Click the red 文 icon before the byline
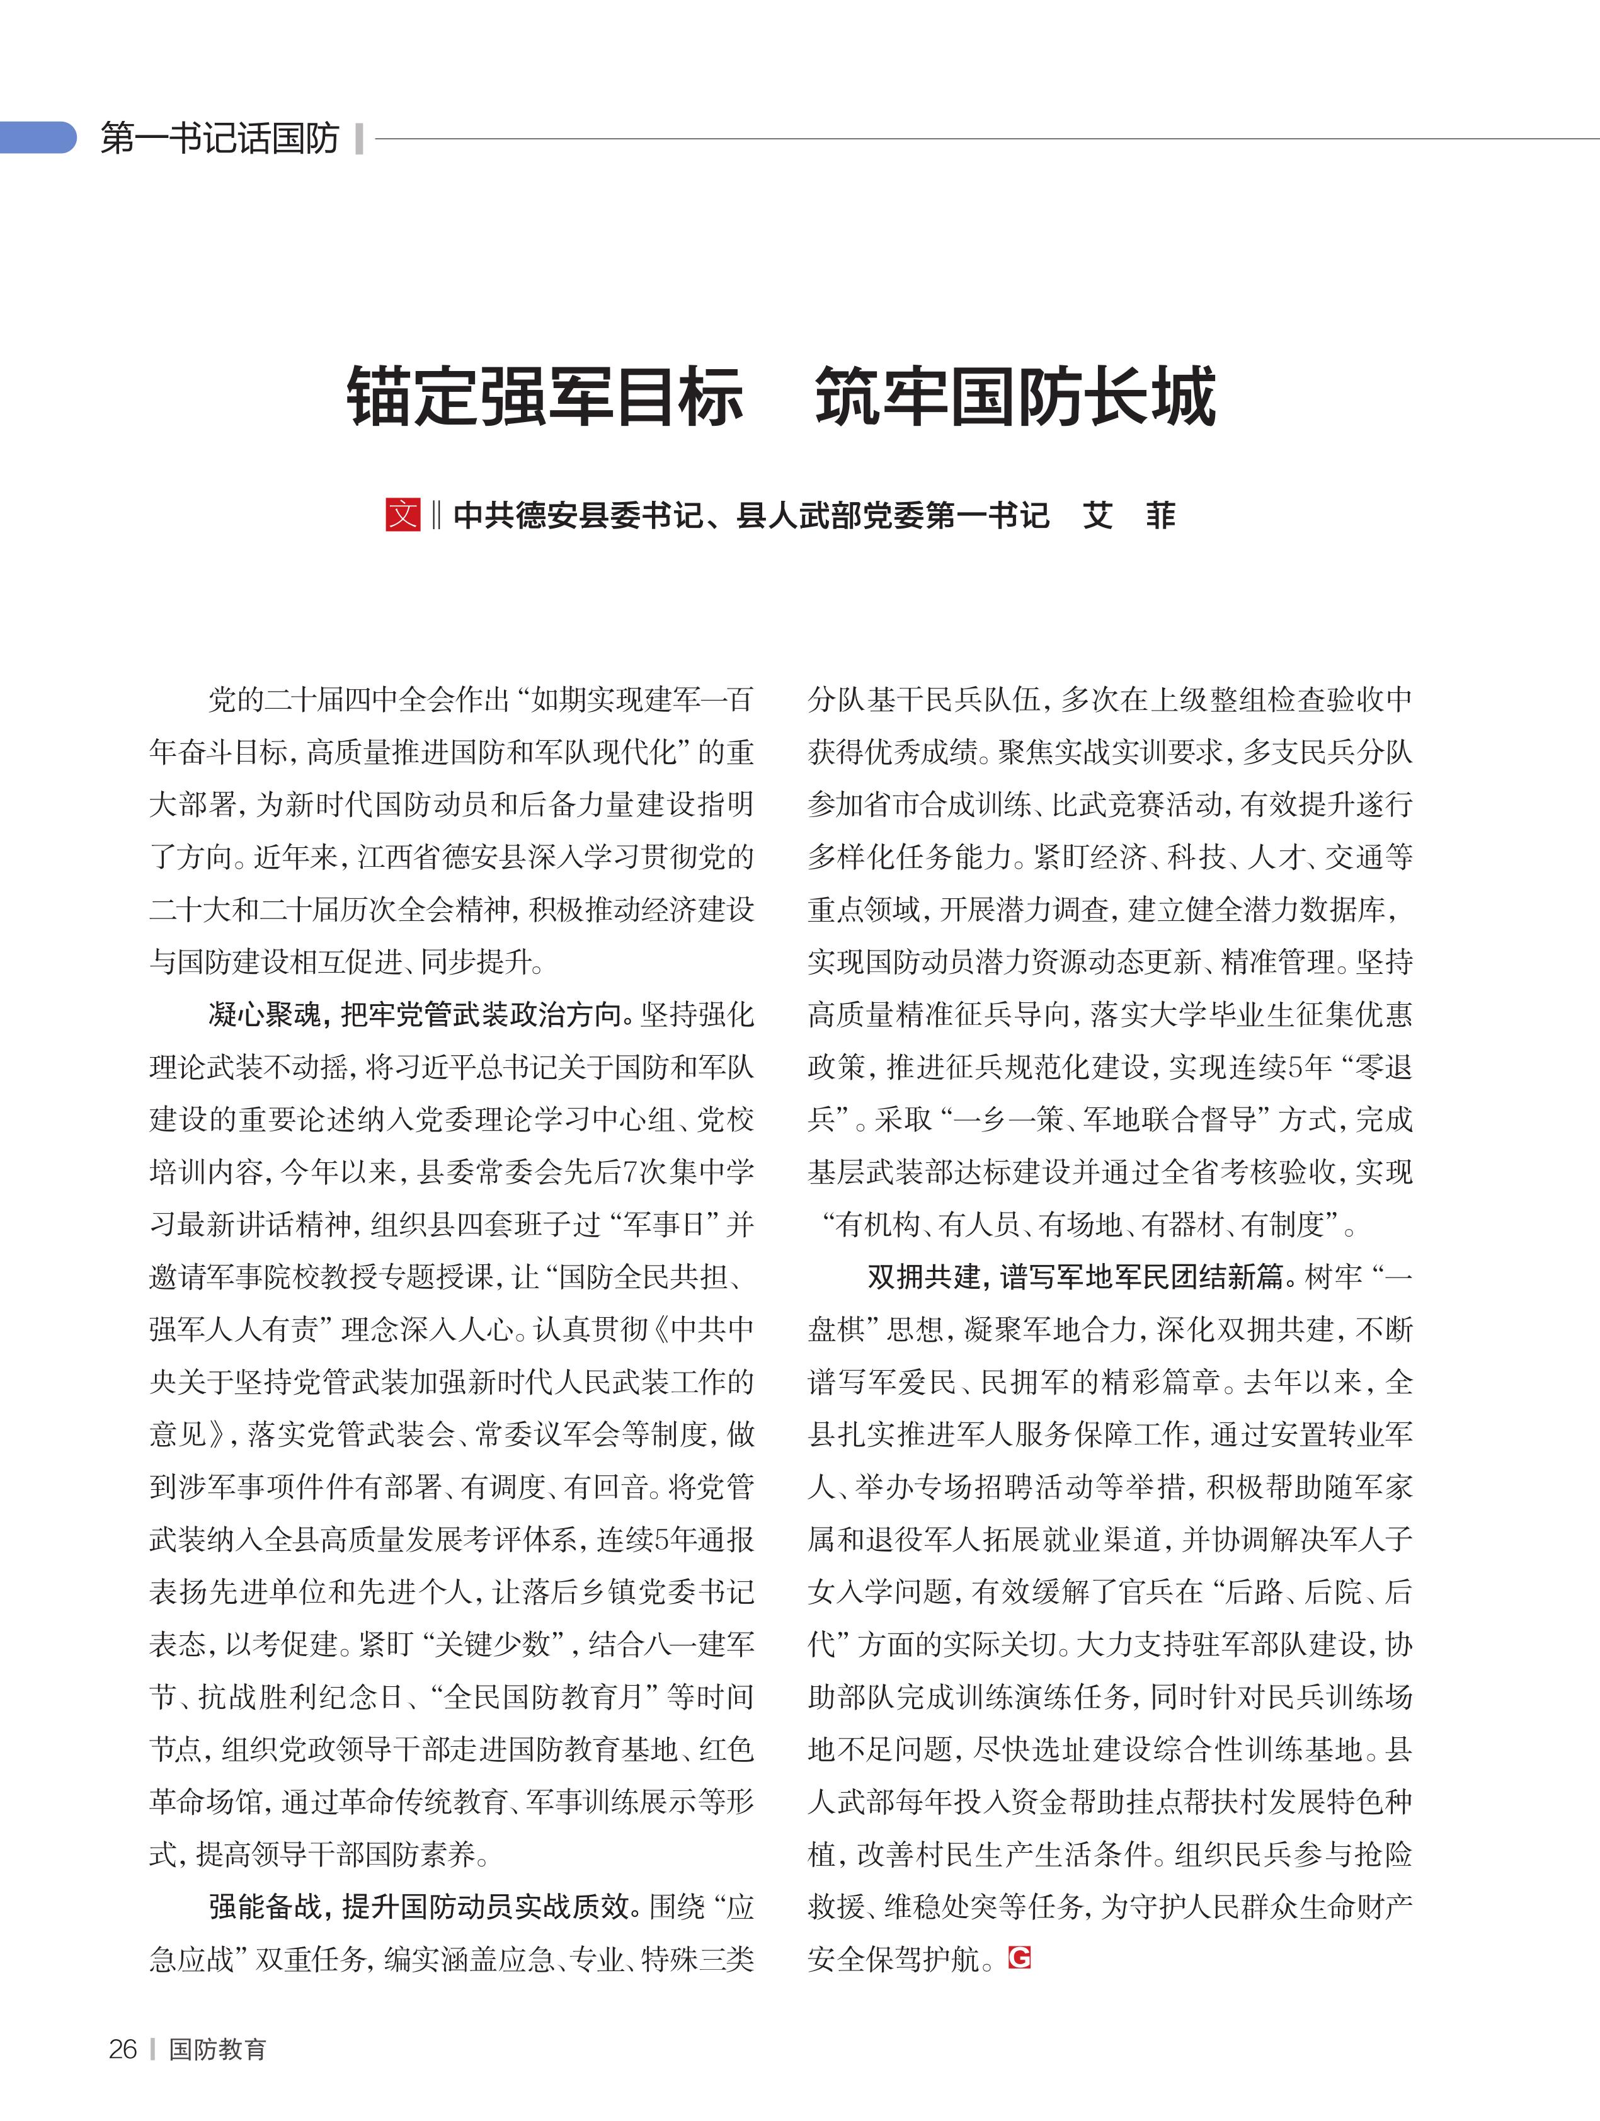403,515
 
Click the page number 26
123,2049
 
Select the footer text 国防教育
217,2049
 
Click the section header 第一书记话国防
220,139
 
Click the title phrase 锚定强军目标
544,397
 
